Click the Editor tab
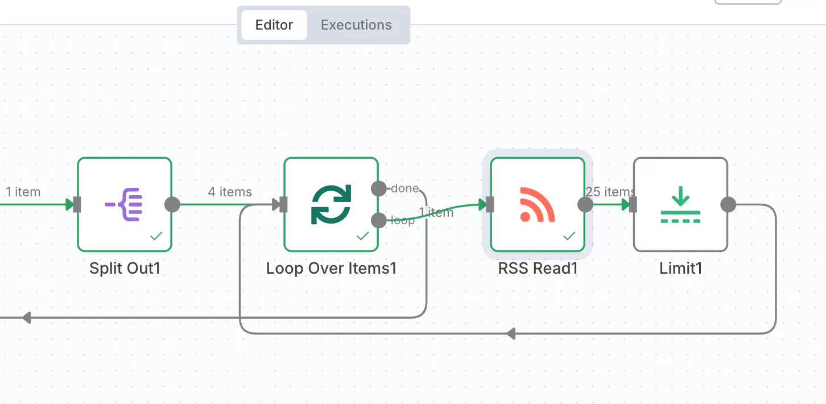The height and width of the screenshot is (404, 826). coord(274,25)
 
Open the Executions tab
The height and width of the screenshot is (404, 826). coord(356,25)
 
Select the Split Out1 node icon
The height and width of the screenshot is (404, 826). coord(124,204)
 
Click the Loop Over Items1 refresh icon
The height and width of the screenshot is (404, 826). coord(331,204)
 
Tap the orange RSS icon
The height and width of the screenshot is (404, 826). coord(537,204)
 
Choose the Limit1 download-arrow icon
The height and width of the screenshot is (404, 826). coord(680,204)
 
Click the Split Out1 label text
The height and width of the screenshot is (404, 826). coord(125,268)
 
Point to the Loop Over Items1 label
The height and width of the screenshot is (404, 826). coord(331,268)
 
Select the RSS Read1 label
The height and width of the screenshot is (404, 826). coord(538,268)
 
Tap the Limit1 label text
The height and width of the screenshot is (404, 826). coord(681,268)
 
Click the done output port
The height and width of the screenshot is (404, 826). coord(379,188)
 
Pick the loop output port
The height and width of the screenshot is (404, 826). coord(379,221)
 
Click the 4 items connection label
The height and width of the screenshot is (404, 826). coord(230,192)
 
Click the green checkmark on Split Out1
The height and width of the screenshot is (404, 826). coord(156,236)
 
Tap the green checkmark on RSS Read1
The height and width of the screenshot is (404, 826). coord(569,236)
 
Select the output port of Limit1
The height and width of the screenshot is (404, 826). coord(728,204)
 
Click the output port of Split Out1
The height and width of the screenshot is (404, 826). coord(172,204)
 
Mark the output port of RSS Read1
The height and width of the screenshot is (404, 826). coord(585,204)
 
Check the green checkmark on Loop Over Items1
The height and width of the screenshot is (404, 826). coord(363,236)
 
